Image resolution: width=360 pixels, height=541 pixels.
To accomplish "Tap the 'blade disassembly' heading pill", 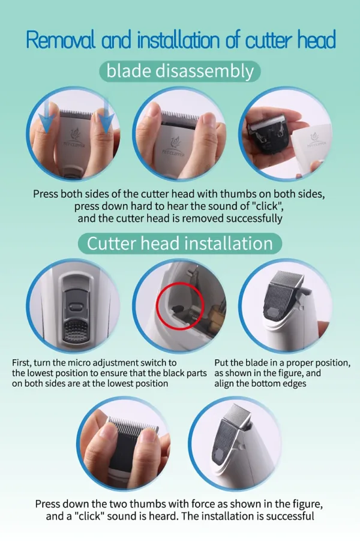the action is pyautogui.click(x=180, y=71).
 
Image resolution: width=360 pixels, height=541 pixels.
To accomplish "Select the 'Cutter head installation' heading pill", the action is pyautogui.click(x=180, y=244).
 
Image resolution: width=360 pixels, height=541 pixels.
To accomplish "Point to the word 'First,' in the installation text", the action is pyautogui.click(x=22, y=363).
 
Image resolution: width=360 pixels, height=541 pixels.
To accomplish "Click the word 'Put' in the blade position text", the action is pyautogui.click(x=221, y=363).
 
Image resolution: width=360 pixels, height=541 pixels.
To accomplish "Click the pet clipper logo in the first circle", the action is pyautogui.click(x=74, y=138).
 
